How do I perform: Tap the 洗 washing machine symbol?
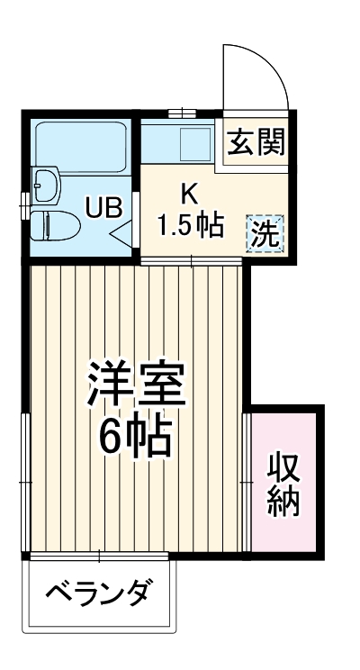point(265,234)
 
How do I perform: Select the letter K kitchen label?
point(189,194)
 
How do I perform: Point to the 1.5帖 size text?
point(191,224)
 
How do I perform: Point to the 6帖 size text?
point(136,438)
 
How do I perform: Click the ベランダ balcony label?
point(99,595)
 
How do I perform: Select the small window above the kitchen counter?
point(182,113)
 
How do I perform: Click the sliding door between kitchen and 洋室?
point(192,261)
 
